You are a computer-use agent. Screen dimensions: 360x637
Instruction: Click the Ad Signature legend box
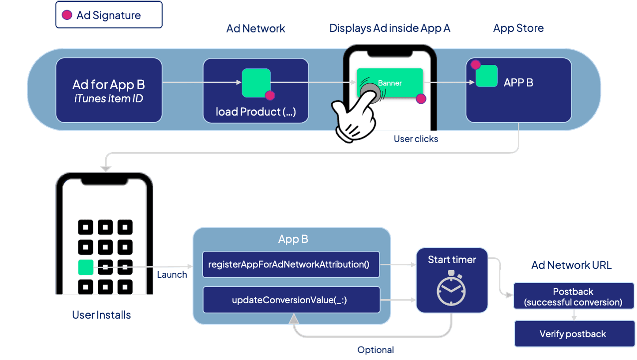109,15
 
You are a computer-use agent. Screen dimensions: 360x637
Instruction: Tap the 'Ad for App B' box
109,90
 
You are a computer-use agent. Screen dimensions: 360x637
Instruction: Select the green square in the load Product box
256,82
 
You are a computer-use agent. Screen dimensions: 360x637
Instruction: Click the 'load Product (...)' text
255,112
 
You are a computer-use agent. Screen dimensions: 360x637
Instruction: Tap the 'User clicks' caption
416,139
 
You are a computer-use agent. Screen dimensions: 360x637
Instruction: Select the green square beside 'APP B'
486,76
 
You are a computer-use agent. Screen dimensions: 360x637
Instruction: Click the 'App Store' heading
518,28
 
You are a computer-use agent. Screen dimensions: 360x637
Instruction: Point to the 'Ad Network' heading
255,28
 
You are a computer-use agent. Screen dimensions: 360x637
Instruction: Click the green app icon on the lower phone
86,267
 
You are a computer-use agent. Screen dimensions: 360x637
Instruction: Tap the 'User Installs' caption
101,315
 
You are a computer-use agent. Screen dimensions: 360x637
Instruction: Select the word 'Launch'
172,274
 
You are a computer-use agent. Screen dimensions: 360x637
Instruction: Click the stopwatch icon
451,289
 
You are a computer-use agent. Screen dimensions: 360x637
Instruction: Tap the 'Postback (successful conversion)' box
573,297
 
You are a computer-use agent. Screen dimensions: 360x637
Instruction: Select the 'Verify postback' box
573,334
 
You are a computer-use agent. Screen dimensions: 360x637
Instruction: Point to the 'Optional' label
375,350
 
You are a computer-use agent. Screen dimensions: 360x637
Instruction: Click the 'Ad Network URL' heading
571,265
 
